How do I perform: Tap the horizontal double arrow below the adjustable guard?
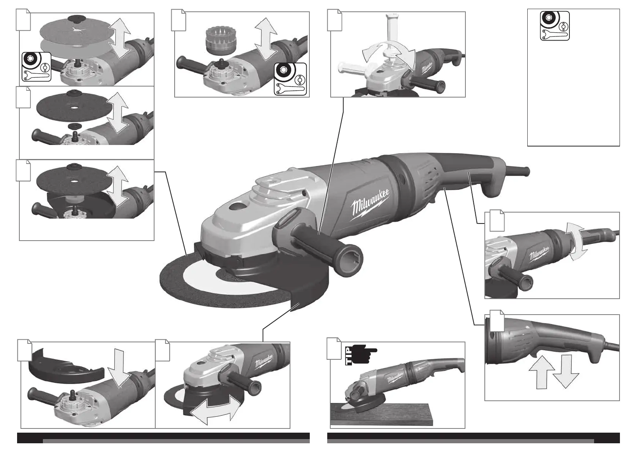click(216, 412)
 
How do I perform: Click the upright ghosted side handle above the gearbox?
click(391, 31)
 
